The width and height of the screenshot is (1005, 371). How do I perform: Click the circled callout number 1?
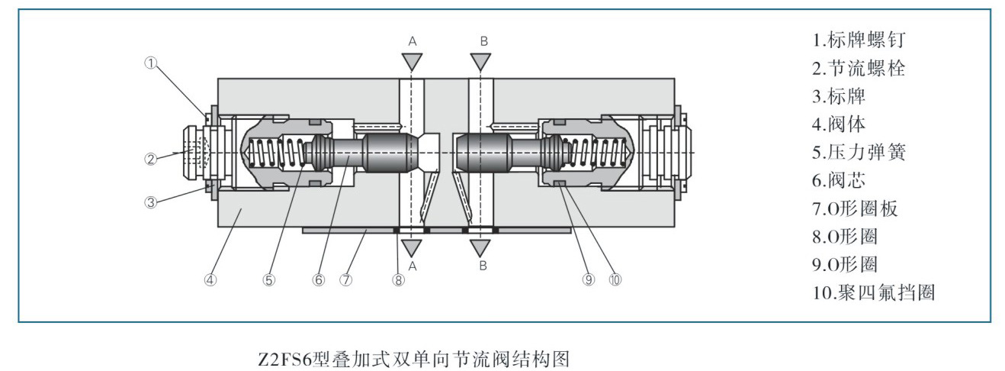[x=151, y=64]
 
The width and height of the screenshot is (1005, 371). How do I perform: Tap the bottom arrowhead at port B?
[x=480, y=248]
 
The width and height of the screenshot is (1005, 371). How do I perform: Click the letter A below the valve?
[x=412, y=266]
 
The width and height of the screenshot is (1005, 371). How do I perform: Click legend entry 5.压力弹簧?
[x=859, y=152]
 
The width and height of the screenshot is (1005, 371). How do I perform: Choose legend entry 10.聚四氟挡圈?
[x=873, y=292]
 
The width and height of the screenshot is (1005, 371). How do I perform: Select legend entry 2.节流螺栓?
[x=859, y=68]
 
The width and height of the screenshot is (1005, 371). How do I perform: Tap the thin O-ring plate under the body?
[x=343, y=230]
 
